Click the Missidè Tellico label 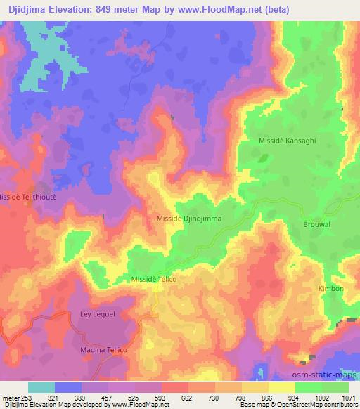(153, 279)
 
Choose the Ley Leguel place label (98, 315)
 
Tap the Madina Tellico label (102, 349)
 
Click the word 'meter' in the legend (13, 397)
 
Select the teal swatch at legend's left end (41, 387)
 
